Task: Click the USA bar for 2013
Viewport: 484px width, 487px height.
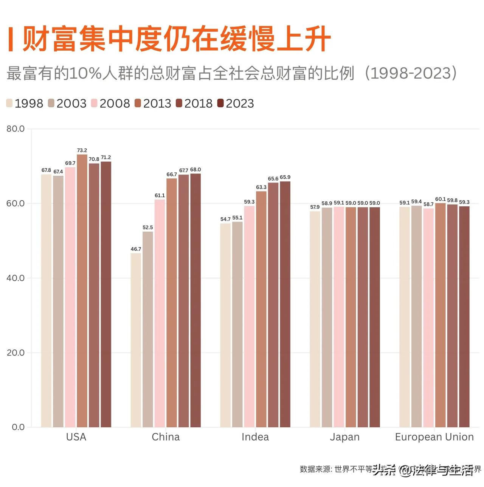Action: pos(82,291)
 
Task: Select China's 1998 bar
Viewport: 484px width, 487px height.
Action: pos(136,340)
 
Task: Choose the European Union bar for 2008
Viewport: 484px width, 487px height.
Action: pos(428,318)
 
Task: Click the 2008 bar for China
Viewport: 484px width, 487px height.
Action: pos(160,313)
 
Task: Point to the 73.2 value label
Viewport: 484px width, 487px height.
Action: pos(82,150)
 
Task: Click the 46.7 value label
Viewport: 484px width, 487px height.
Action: pos(136,249)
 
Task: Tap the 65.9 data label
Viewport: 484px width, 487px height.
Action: pos(285,177)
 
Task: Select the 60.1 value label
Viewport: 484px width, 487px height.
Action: pos(440,199)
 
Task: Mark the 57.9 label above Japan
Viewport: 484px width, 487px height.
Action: pos(315,207)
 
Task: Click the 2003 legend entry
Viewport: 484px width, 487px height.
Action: pos(67,104)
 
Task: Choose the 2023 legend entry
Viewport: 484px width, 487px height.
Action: pos(236,104)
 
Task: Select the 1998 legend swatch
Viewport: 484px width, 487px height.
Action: pos(9,103)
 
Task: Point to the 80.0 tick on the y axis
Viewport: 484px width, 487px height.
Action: pos(16,129)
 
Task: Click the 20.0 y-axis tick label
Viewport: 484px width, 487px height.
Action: pos(16,352)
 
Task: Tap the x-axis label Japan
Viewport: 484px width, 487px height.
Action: pos(344,437)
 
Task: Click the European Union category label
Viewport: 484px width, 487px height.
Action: pos(434,437)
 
